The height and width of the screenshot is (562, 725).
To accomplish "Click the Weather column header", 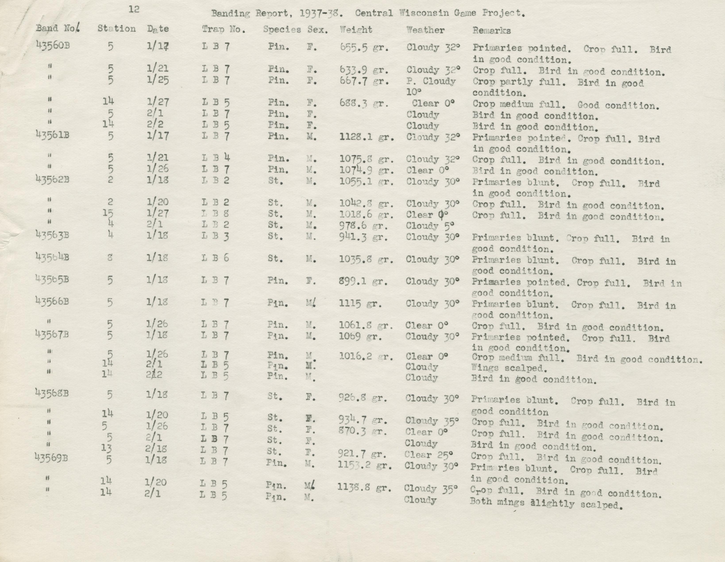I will (x=425, y=30).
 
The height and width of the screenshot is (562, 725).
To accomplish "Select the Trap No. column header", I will (x=224, y=30).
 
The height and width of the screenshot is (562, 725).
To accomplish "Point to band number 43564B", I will (x=52, y=257).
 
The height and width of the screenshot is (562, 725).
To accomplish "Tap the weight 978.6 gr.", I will (x=363, y=226).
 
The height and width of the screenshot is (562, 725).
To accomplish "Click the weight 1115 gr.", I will (x=360, y=304).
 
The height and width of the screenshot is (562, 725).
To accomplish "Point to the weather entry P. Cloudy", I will (x=431, y=81).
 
